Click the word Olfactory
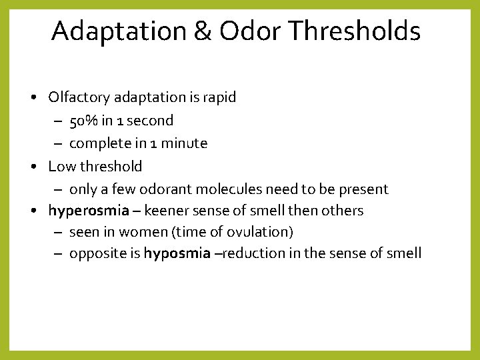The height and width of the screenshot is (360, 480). (79, 97)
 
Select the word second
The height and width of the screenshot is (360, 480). (150, 121)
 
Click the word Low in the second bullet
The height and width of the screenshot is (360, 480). (60, 166)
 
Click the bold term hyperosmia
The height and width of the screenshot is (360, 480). (89, 211)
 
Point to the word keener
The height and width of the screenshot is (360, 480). (165, 211)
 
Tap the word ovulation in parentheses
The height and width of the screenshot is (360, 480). (256, 232)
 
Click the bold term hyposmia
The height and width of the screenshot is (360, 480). (177, 253)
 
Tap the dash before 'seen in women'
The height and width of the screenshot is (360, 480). (57, 232)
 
